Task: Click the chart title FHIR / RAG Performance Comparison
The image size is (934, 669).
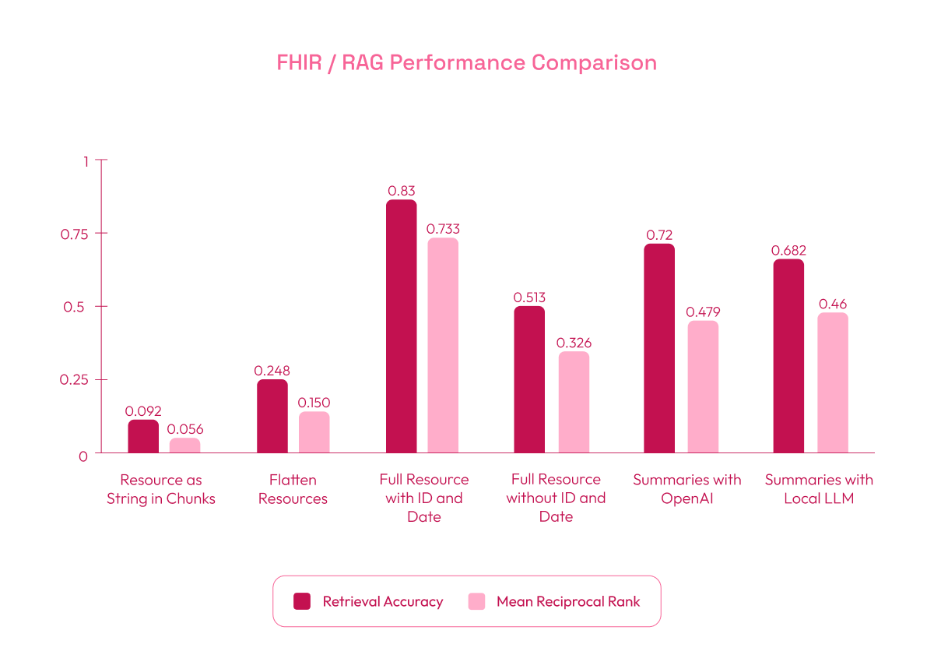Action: point(466,63)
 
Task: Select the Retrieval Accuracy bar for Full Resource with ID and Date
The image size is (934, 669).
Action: point(401,327)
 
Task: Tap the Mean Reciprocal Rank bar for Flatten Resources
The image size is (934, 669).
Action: point(314,432)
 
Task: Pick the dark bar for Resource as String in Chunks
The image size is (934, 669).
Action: point(143,437)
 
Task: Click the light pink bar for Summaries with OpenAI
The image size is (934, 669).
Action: point(703,387)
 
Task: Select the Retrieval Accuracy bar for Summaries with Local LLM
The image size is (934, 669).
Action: point(788,357)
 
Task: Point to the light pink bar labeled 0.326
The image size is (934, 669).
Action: point(574,403)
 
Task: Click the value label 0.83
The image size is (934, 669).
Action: point(401,190)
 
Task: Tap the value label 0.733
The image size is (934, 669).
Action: point(443,229)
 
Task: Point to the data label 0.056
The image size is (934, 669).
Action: point(185,429)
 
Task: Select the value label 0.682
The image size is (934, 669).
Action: point(788,251)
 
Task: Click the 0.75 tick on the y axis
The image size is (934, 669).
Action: point(75,234)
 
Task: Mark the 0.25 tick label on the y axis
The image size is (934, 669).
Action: point(75,380)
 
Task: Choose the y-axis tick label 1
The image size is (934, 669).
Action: point(86,161)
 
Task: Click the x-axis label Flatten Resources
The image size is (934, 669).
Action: point(293,489)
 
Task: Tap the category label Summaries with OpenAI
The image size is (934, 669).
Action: point(686,489)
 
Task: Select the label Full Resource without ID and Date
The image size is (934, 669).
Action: point(556,498)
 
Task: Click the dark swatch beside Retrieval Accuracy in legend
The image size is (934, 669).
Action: point(302,601)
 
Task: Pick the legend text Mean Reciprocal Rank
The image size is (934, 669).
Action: point(568,601)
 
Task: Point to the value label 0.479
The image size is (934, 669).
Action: point(703,312)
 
